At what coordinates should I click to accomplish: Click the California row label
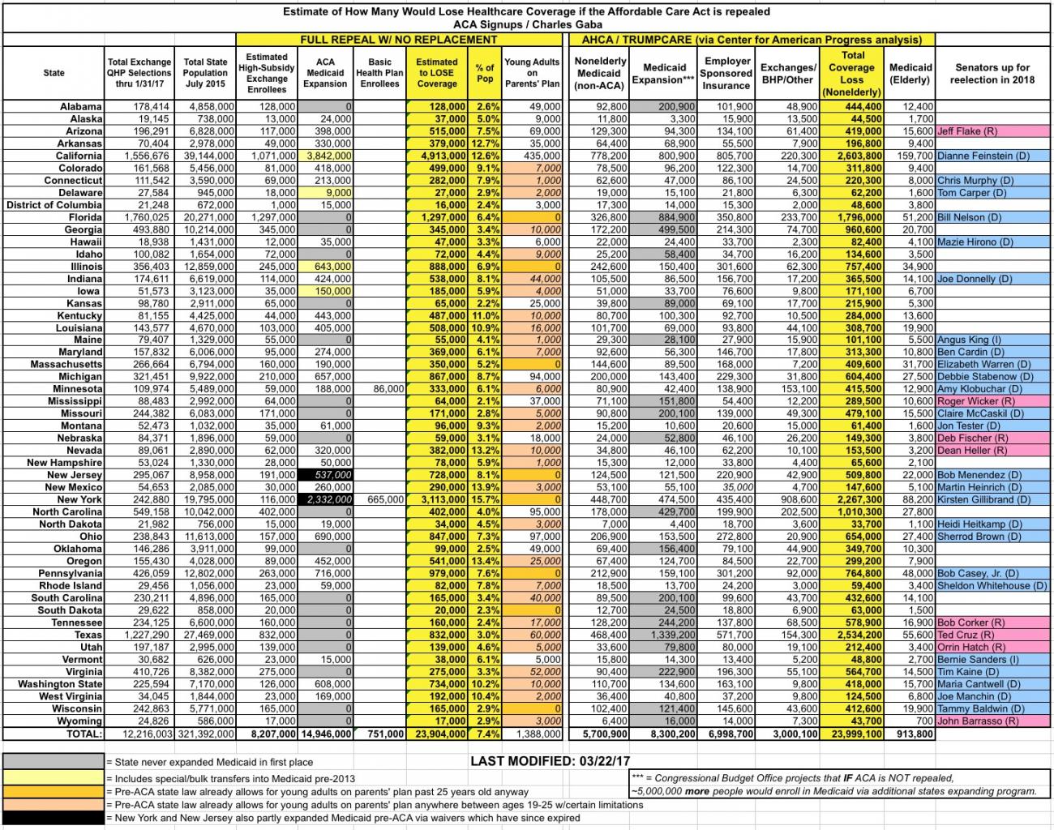[79, 156]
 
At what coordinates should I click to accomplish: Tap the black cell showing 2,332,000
[325, 499]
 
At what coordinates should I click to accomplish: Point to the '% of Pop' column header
[485, 73]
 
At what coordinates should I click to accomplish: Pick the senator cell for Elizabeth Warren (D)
[984, 364]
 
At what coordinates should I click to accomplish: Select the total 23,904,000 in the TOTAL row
[439, 734]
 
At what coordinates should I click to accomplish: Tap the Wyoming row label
[79, 721]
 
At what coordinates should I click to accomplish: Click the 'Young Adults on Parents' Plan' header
[532, 73]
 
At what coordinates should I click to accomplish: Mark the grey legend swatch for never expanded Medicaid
[54, 762]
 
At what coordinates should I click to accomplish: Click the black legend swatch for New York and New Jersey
[54, 818]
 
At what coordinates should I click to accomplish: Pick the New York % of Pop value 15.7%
[485, 499]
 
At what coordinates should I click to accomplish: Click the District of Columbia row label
[54, 205]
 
